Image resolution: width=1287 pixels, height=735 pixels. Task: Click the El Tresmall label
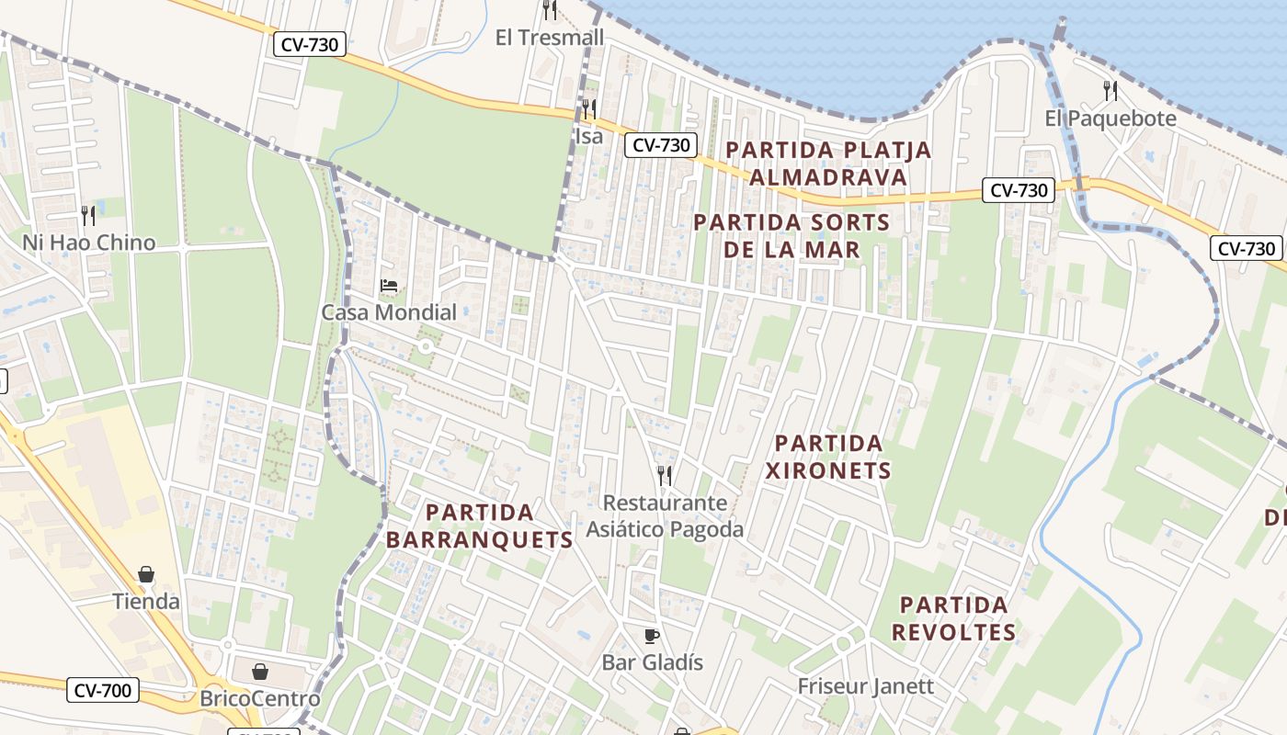[x=550, y=38]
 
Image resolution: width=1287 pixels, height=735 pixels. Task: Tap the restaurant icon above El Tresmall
[x=550, y=10]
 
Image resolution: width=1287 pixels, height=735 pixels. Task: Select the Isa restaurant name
[x=588, y=136]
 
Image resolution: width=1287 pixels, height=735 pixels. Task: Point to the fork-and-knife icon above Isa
[x=588, y=109]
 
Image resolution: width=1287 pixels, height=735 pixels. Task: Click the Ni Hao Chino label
[x=89, y=243]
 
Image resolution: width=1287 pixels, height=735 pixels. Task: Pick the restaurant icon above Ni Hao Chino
[x=88, y=216]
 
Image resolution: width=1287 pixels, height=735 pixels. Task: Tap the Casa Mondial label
[x=389, y=312]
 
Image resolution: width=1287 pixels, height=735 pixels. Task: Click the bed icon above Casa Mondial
[x=389, y=286]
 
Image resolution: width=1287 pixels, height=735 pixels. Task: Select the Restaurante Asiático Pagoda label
[x=665, y=516]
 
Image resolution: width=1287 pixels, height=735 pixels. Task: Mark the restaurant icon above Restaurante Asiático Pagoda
[x=665, y=475]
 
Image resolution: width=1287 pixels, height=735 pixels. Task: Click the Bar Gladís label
[x=652, y=662]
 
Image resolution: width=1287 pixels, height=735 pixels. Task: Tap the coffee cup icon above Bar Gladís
[x=652, y=636]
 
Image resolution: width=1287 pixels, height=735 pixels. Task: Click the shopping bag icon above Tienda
[x=146, y=575]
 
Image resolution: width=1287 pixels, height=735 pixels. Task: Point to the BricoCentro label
[x=260, y=699]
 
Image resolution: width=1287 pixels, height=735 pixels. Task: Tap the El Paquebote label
[x=1110, y=119]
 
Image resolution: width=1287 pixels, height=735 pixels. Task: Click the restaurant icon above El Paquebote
[x=1110, y=91]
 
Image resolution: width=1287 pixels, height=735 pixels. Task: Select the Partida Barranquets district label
[x=480, y=526]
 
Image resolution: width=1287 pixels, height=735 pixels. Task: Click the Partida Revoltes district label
[x=954, y=618]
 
